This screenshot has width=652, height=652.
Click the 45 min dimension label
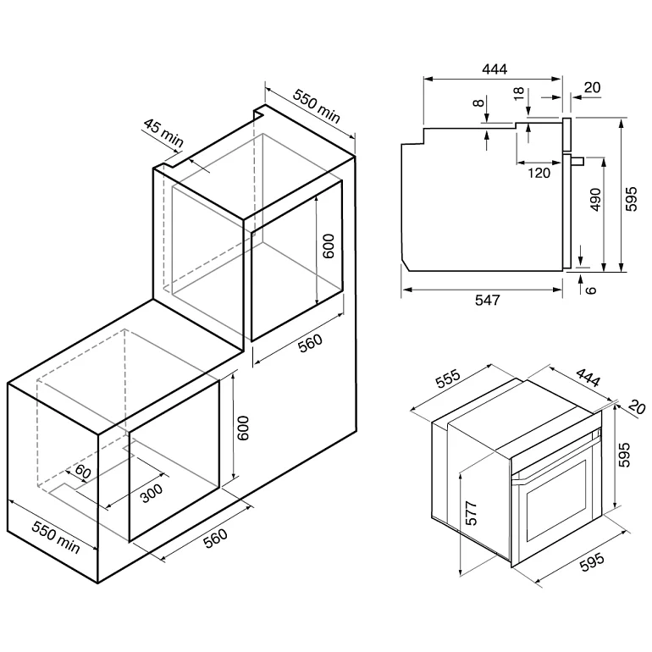163,133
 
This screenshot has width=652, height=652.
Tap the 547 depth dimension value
488,300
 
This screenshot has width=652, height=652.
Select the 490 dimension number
596,200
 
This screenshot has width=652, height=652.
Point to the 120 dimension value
539,173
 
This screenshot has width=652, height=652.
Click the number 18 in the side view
519,93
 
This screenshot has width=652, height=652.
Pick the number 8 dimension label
479,102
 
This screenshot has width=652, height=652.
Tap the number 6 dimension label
591,290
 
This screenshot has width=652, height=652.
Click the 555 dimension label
448,378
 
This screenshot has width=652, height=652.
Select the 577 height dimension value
472,513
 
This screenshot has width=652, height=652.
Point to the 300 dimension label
152,493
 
